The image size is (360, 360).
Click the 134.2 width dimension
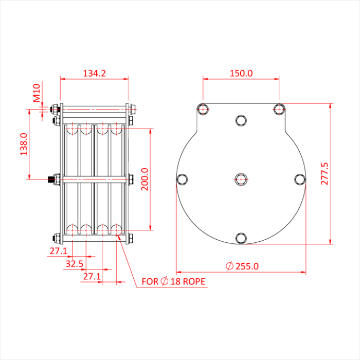(94, 74)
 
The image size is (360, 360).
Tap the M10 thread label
(37, 95)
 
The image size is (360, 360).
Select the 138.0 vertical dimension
(23, 146)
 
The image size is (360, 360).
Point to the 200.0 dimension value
(145, 179)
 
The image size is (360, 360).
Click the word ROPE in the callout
(194, 282)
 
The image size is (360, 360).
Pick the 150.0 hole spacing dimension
(241, 74)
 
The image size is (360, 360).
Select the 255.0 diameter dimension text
(246, 266)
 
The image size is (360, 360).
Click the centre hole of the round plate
(241, 178)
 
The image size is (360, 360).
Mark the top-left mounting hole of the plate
(203, 109)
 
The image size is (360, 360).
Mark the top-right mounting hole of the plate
(279, 109)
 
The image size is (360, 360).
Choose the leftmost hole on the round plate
(183, 178)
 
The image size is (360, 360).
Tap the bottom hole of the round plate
(241, 238)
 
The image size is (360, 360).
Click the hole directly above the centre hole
(241, 120)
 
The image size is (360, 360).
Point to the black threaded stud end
(50, 179)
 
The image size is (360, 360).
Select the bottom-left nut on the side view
(56, 238)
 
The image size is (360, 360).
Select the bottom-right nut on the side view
(131, 238)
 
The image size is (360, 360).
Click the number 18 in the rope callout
(175, 282)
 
